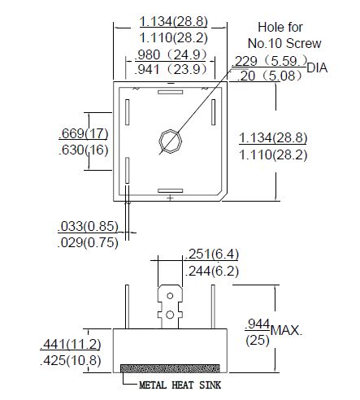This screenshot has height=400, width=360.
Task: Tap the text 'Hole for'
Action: [280, 27]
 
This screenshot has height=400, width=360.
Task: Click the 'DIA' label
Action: [317, 67]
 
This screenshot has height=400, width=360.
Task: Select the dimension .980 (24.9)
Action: [171, 54]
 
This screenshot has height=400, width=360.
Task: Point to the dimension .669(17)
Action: [84, 133]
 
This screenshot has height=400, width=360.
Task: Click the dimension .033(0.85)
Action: [88, 226]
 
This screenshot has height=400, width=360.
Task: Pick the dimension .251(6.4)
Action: [212, 254]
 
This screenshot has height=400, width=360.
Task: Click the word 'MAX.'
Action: [286, 330]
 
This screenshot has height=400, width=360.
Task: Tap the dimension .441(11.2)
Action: [71, 344]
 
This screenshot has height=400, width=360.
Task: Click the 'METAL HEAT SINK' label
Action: [180, 385]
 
